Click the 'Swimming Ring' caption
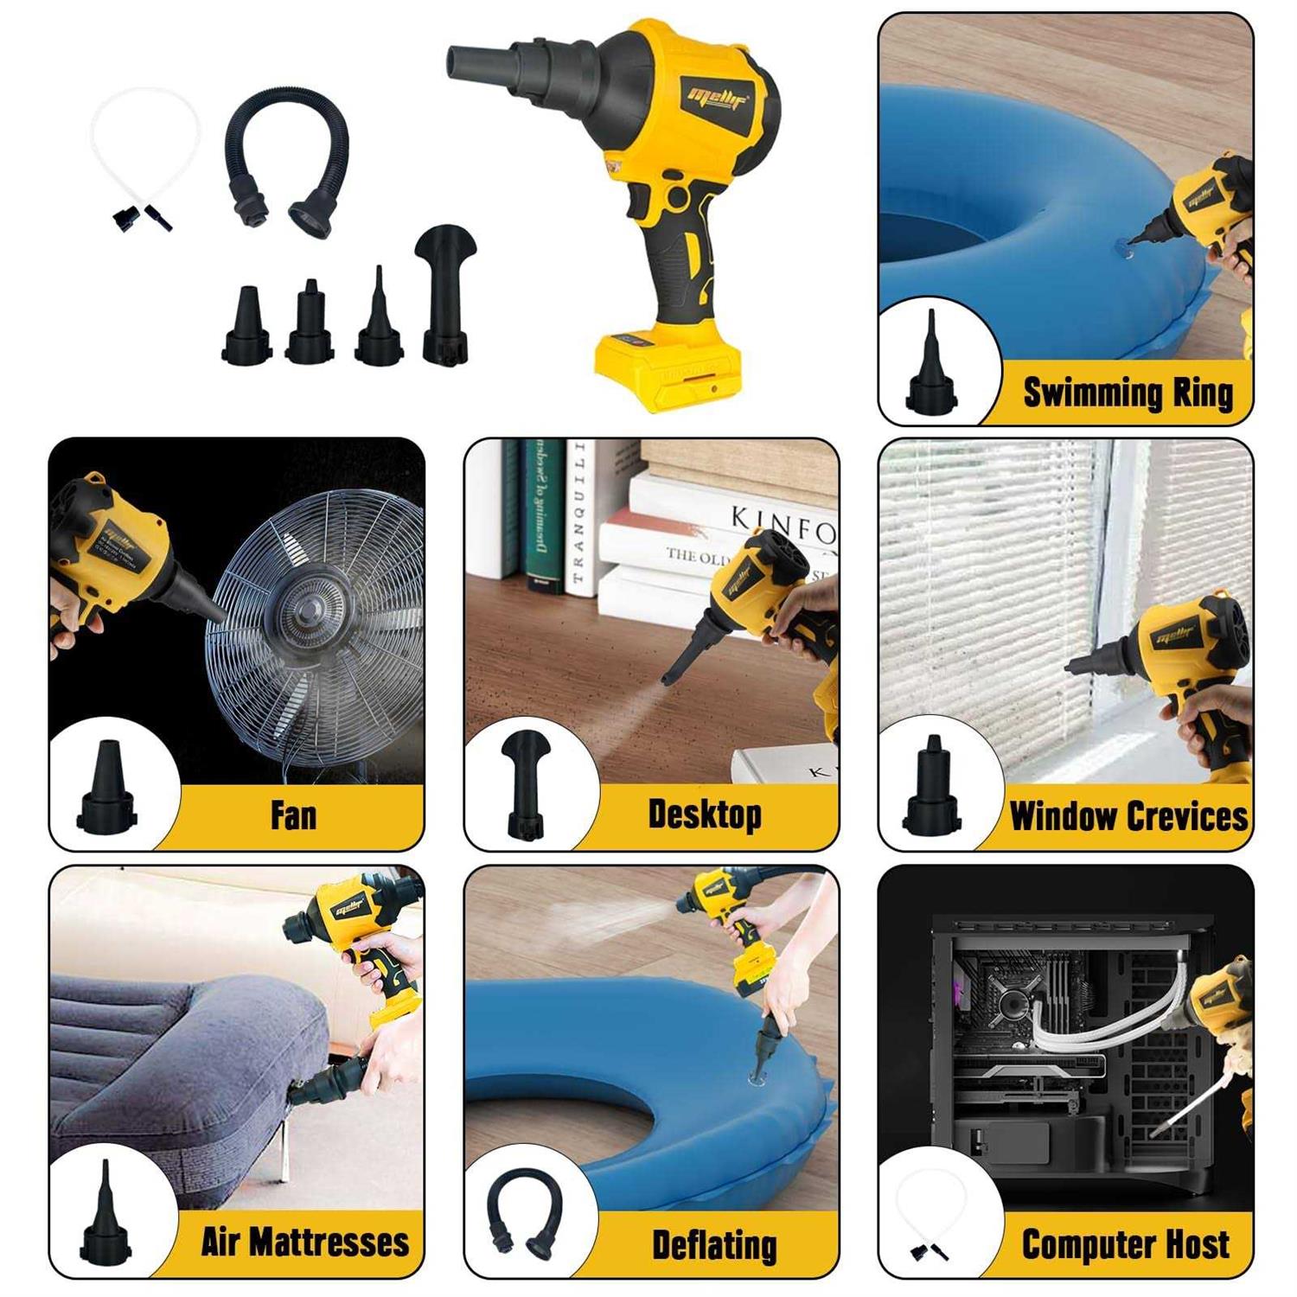[1128, 393]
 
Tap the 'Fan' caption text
[293, 815]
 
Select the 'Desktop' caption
[705, 815]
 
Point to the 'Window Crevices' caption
[1128, 816]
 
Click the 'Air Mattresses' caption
[304, 1242]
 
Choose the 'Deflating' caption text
[714, 1245]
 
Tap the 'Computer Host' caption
[1125, 1244]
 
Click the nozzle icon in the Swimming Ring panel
[930, 364]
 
